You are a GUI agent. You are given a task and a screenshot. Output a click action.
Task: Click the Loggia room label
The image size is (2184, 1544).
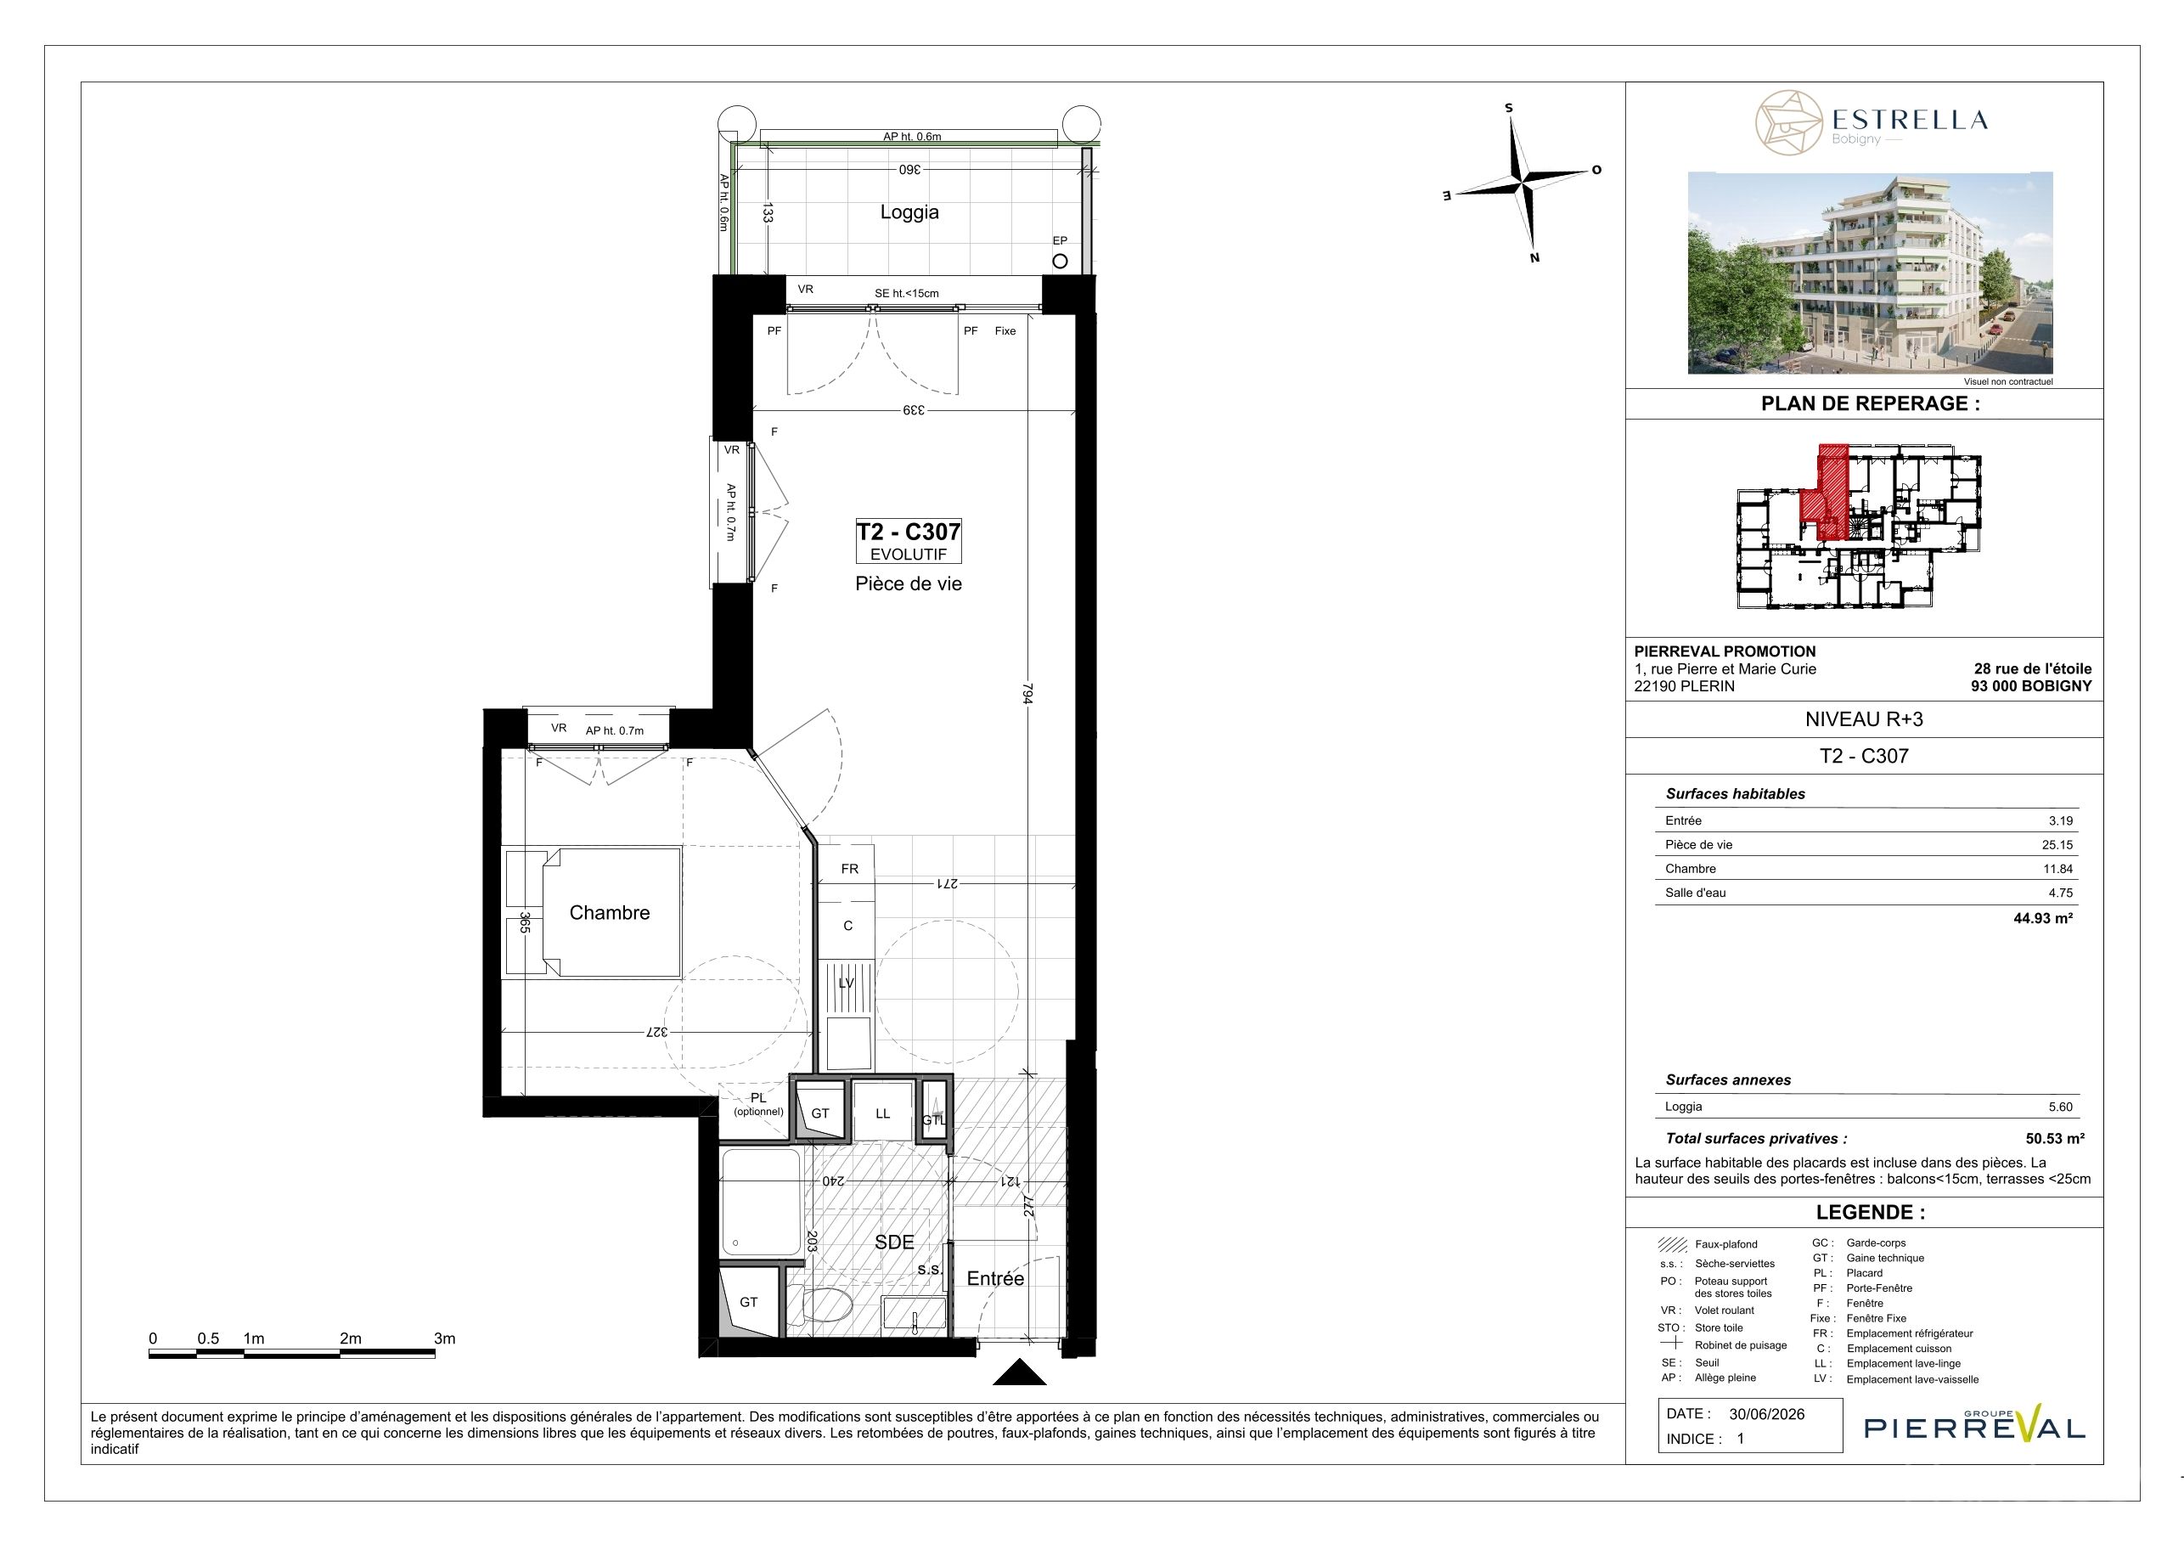(x=909, y=212)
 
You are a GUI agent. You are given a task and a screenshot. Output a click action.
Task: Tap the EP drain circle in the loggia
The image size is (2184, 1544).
(x=1060, y=261)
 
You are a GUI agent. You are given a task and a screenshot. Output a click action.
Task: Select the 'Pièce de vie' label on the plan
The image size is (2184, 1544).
(x=909, y=584)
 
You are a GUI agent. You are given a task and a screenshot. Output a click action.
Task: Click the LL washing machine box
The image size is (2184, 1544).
(x=883, y=1113)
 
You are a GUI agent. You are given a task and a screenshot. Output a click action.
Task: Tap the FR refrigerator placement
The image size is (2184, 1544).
(x=848, y=869)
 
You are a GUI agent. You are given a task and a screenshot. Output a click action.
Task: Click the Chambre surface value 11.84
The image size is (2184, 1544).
(x=2059, y=869)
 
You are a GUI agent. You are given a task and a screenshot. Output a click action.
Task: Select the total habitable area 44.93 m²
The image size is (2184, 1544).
(x=2043, y=919)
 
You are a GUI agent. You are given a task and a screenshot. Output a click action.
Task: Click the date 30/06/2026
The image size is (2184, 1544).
(x=1767, y=1414)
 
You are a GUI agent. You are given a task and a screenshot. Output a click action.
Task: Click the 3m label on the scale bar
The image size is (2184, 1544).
(x=444, y=1338)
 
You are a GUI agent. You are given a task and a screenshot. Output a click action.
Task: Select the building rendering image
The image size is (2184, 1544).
(x=1870, y=273)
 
